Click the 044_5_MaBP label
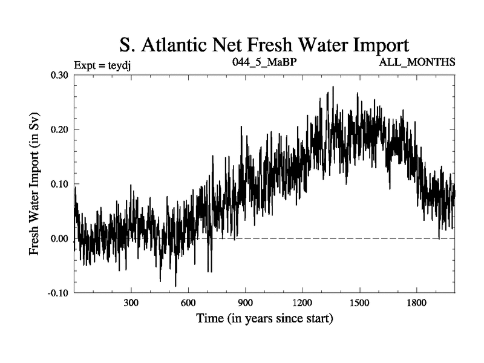tap(264, 62)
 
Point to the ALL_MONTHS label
tap(417, 62)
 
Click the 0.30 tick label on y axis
tap(59, 74)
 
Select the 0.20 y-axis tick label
tap(59, 129)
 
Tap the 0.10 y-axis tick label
tap(59, 184)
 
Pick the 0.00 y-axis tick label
tap(59, 238)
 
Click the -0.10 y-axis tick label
tap(57, 293)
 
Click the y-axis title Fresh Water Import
tap(34, 183)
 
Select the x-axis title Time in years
tap(264, 318)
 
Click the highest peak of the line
tap(333, 87)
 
